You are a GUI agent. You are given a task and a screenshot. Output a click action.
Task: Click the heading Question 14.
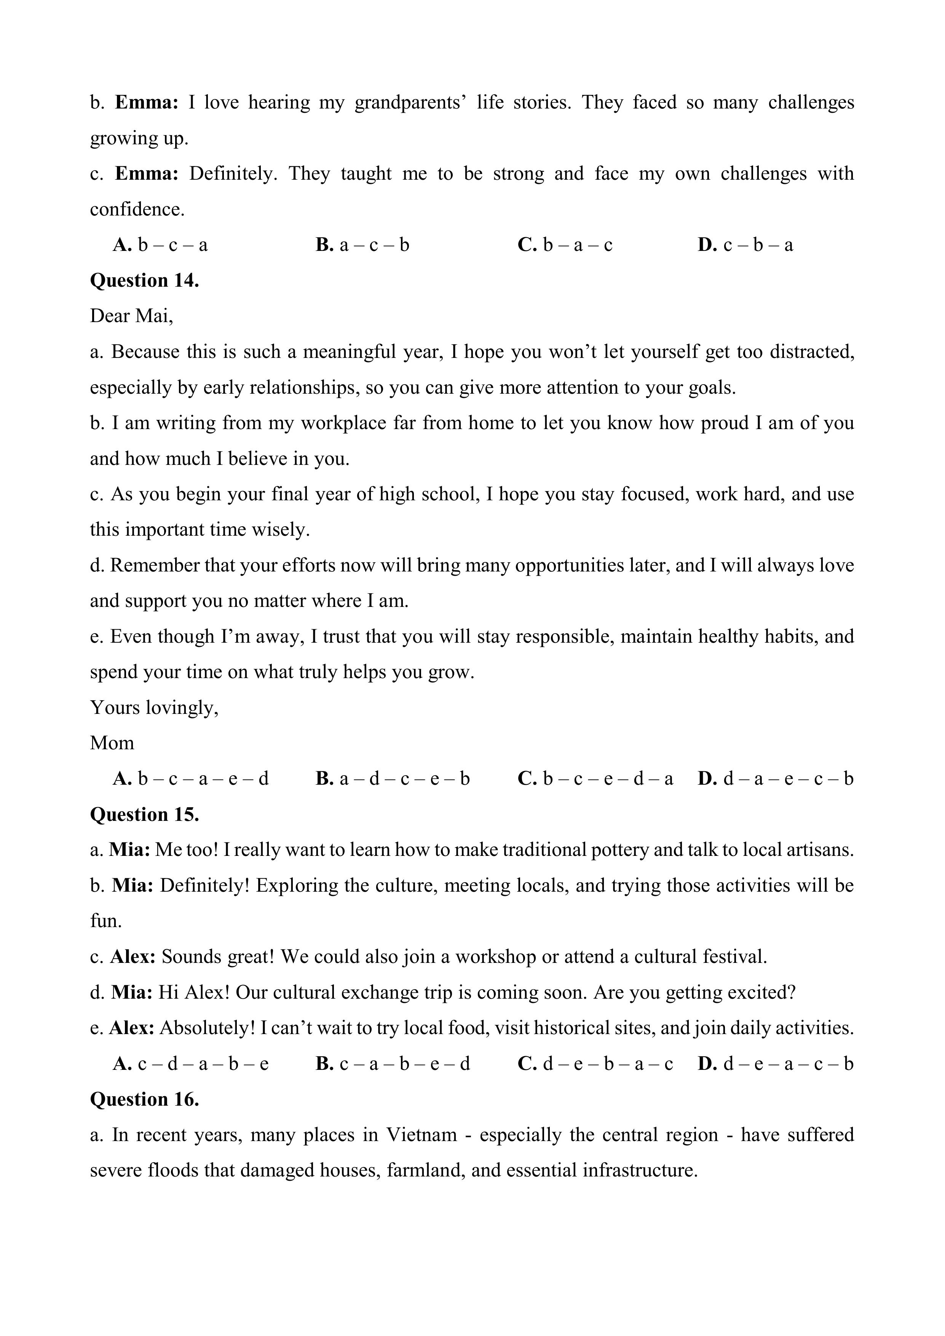click(x=144, y=281)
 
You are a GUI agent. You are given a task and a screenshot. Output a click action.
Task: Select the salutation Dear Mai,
click(x=131, y=316)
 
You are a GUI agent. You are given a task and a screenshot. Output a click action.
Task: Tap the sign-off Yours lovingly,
click(x=154, y=707)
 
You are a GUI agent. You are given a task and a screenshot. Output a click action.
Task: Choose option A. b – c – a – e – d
click(x=191, y=779)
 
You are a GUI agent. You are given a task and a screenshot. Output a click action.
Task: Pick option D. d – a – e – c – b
click(x=776, y=779)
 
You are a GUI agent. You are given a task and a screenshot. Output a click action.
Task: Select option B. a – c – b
click(x=362, y=245)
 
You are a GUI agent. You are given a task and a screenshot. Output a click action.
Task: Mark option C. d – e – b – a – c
click(x=595, y=1064)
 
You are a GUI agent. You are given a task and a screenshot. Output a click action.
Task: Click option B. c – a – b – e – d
click(x=393, y=1064)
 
